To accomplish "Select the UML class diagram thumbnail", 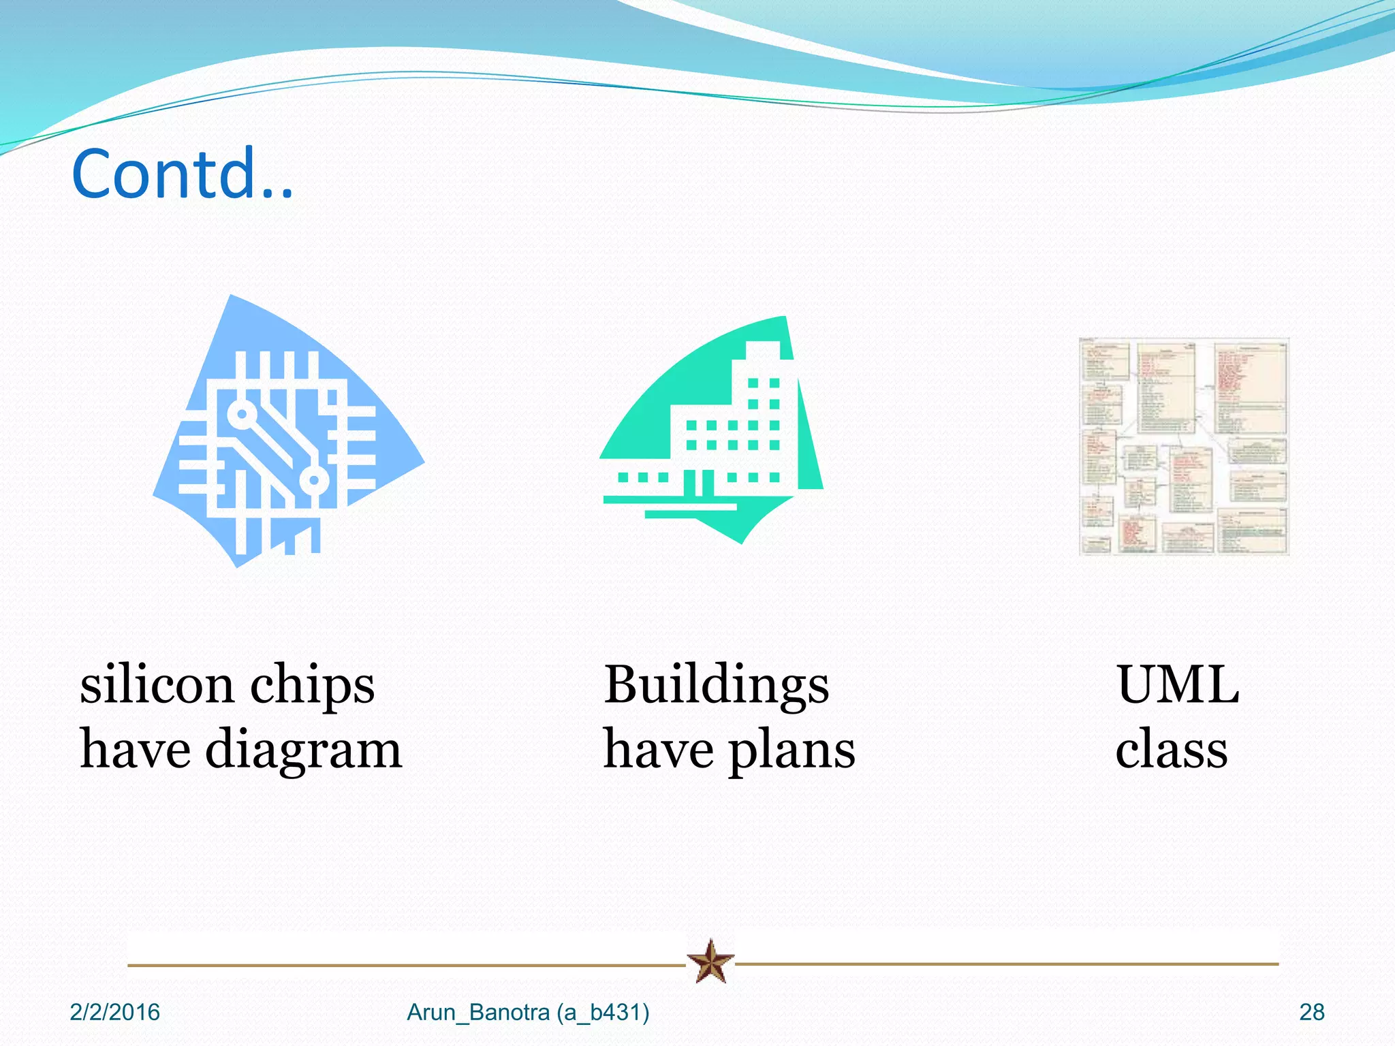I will (x=1184, y=446).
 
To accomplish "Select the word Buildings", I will (x=717, y=685).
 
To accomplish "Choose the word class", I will (x=1171, y=749).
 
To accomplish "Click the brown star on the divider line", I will (x=710, y=962).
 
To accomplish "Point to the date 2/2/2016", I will (x=114, y=1013).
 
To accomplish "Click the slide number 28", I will (x=1311, y=1013).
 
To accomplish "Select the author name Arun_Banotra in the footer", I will (x=478, y=1013).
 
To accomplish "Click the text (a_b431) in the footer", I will (x=603, y=1013).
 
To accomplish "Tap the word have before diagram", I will (x=135, y=749).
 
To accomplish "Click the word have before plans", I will (x=658, y=749).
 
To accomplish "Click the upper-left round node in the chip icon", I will (x=240, y=413).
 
